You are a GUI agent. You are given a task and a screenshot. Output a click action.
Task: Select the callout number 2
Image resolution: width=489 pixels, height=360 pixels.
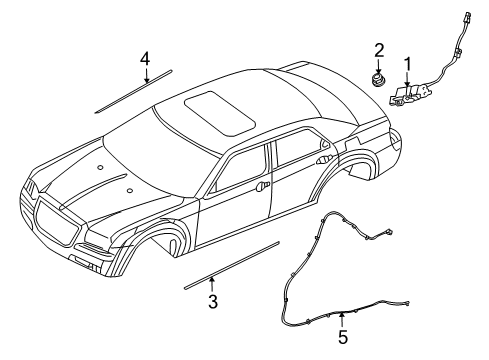[x=379, y=50]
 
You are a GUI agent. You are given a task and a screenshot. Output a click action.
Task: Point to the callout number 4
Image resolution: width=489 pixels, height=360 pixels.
[x=145, y=59]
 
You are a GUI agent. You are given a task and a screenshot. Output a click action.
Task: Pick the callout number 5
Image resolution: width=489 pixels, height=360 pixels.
[x=343, y=338]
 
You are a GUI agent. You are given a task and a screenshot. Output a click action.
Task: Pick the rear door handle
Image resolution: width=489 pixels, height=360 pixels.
[x=322, y=160]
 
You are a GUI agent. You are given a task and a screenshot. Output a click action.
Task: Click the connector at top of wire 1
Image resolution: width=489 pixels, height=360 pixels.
[x=466, y=19]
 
